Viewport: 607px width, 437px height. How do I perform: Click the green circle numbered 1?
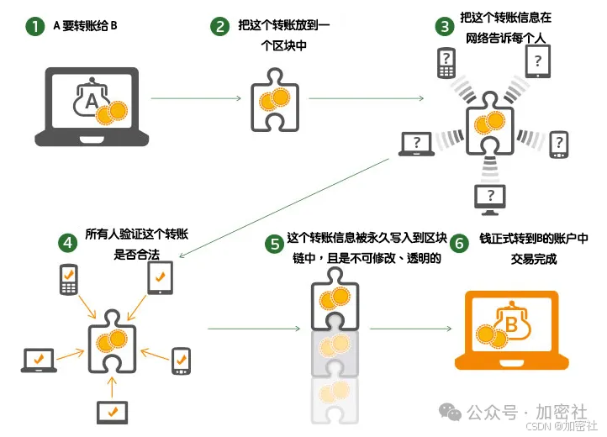(34, 26)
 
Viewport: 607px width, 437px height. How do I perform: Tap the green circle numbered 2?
(219, 26)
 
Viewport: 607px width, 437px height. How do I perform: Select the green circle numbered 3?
(444, 26)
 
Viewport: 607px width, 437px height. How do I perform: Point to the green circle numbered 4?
(68, 242)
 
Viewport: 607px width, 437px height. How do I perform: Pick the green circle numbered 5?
(273, 244)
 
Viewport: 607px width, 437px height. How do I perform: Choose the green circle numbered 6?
(459, 244)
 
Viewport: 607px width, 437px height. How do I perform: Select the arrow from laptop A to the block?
(196, 99)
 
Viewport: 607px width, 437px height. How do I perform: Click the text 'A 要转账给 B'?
(85, 26)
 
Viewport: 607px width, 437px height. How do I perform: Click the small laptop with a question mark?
(417, 144)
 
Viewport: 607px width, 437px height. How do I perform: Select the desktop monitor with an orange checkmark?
(112, 412)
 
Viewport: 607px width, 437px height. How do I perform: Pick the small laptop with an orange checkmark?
(39, 360)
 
